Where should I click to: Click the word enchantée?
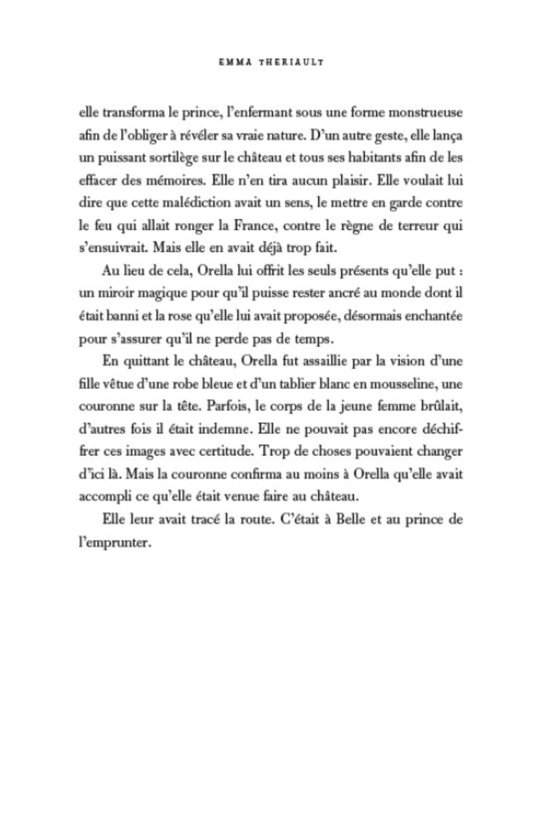(432, 320)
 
